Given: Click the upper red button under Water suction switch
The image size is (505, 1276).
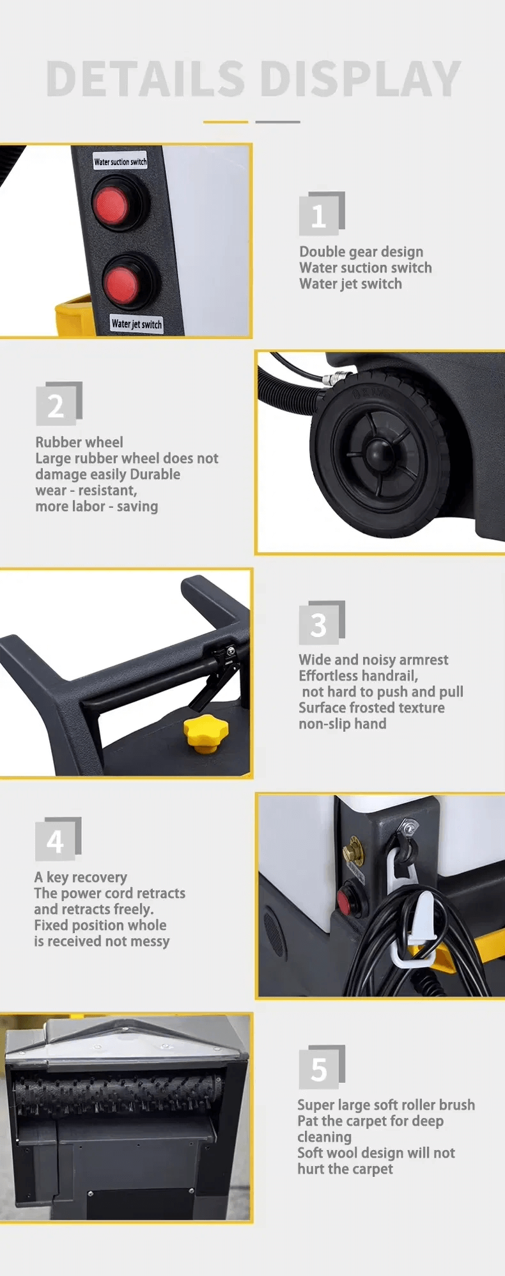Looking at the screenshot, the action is point(111,204).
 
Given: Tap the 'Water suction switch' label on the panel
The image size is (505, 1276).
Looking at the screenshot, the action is point(120,161).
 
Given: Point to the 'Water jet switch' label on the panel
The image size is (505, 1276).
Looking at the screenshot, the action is point(136,324).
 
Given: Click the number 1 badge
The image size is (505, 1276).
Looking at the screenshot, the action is point(322,214).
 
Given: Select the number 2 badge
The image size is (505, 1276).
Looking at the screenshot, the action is point(59,404).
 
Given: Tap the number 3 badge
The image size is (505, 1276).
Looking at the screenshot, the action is point(322,623).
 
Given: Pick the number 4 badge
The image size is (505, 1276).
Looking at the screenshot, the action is point(58,839).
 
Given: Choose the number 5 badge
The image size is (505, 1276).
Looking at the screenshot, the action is point(322,1067).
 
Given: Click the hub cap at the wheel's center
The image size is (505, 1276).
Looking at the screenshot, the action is point(375,452).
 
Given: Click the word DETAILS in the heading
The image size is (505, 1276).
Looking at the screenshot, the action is point(146,79).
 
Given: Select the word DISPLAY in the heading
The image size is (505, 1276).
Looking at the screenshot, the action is point(361,79).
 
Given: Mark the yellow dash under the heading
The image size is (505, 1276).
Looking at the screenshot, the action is point(226,122).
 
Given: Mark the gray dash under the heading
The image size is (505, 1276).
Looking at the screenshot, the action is point(277,122).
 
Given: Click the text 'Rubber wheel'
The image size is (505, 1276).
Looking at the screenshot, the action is point(79,442).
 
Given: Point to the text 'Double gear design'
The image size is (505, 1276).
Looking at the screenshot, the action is point(361,252).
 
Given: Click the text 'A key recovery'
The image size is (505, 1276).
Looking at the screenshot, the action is point(81,877).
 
